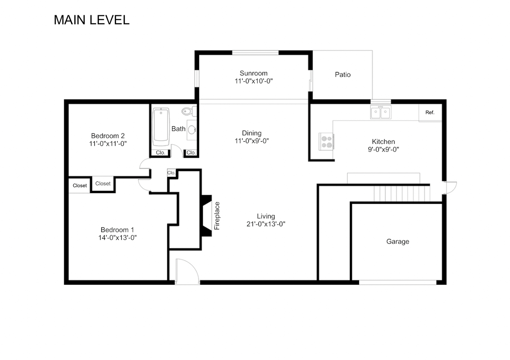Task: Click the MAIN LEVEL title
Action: [92, 20]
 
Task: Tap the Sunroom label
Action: [253, 73]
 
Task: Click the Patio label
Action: [343, 75]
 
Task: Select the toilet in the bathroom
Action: [189, 111]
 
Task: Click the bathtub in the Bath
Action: [161, 127]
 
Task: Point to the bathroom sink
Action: [192, 130]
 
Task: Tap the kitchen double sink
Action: [381, 112]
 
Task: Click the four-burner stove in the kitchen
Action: [326, 142]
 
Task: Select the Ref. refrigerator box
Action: [430, 112]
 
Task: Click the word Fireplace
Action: [217, 216]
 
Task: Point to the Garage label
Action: [398, 241]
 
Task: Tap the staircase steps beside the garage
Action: [402, 193]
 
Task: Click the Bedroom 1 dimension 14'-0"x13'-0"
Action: [117, 237]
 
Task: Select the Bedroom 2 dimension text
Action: [108, 144]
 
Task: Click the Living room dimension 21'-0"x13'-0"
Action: [266, 224]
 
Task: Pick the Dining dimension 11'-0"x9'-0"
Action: [252, 141]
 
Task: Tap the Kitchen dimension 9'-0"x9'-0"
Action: [383, 150]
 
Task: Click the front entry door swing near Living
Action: [187, 271]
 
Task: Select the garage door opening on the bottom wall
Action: [398, 282]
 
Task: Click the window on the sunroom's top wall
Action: [255, 53]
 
